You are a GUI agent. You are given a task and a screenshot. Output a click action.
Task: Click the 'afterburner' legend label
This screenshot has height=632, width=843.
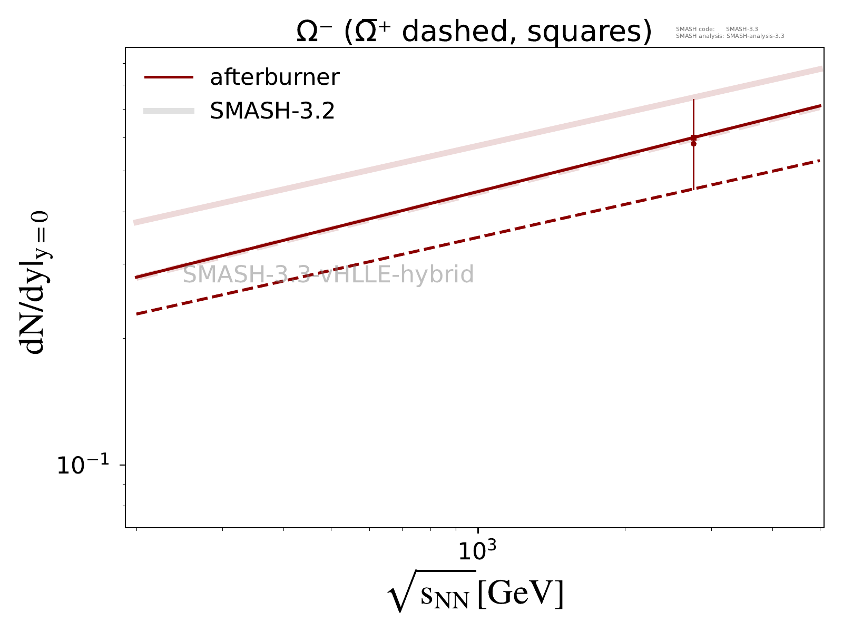coord(275,77)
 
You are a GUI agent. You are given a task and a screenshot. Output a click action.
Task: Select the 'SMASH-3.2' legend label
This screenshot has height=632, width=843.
coord(272,111)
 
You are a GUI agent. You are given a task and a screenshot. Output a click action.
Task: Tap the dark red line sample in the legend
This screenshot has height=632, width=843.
coord(169,77)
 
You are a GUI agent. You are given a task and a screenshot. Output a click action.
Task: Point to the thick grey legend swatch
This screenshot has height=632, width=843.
coord(169,111)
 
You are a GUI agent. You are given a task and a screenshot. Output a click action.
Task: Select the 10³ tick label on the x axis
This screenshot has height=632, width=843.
coord(477,551)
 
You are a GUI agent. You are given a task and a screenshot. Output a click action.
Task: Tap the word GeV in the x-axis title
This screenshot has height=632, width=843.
coord(521,594)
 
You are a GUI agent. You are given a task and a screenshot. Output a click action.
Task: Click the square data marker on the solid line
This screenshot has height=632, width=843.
coord(693,137)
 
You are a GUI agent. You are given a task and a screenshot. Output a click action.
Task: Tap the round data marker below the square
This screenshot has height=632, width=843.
coord(693,144)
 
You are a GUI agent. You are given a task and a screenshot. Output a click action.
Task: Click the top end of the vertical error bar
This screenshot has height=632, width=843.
coord(693,99)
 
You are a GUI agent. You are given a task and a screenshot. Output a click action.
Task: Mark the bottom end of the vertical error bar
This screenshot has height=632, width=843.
coord(693,189)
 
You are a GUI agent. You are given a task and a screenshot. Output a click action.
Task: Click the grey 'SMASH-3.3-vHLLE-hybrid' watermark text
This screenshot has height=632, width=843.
coord(328,275)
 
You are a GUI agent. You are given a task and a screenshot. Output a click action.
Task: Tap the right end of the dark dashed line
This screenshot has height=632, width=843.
coord(820,161)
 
